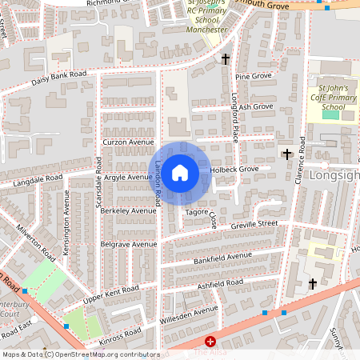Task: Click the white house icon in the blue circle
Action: coord(180,172)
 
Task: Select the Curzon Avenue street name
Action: coord(127,142)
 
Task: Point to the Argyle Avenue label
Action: coord(127,177)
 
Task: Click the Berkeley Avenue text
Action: coord(129,210)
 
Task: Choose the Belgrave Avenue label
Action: coord(129,244)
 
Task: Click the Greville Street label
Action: coord(254,224)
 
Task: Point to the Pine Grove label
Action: coord(254,76)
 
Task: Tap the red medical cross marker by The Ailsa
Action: coord(210,342)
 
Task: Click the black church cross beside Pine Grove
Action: coord(226,59)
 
